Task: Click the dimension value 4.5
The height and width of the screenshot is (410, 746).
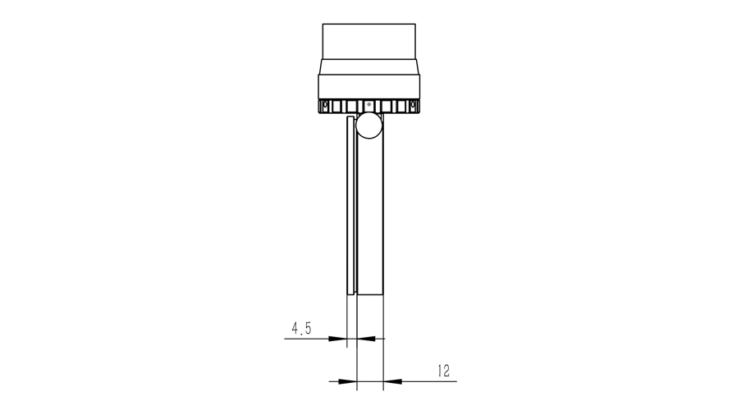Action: [x=301, y=328]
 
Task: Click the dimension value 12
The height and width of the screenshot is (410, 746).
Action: [x=444, y=371]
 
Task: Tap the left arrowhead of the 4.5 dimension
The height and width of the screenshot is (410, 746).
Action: [x=341, y=338]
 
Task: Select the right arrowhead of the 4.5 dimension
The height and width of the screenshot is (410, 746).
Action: [x=364, y=338]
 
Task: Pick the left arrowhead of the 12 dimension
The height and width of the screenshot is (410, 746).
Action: [x=351, y=380]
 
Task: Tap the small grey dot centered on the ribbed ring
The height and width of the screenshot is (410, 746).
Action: [x=368, y=105]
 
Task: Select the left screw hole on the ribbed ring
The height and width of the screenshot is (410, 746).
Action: [x=326, y=106]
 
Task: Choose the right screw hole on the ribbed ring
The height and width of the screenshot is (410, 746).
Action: [x=413, y=106]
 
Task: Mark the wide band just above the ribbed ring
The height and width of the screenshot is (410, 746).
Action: [x=369, y=85]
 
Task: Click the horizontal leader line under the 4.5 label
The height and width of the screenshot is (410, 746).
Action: [x=308, y=338]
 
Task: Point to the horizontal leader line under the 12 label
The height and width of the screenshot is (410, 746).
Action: [x=427, y=380]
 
